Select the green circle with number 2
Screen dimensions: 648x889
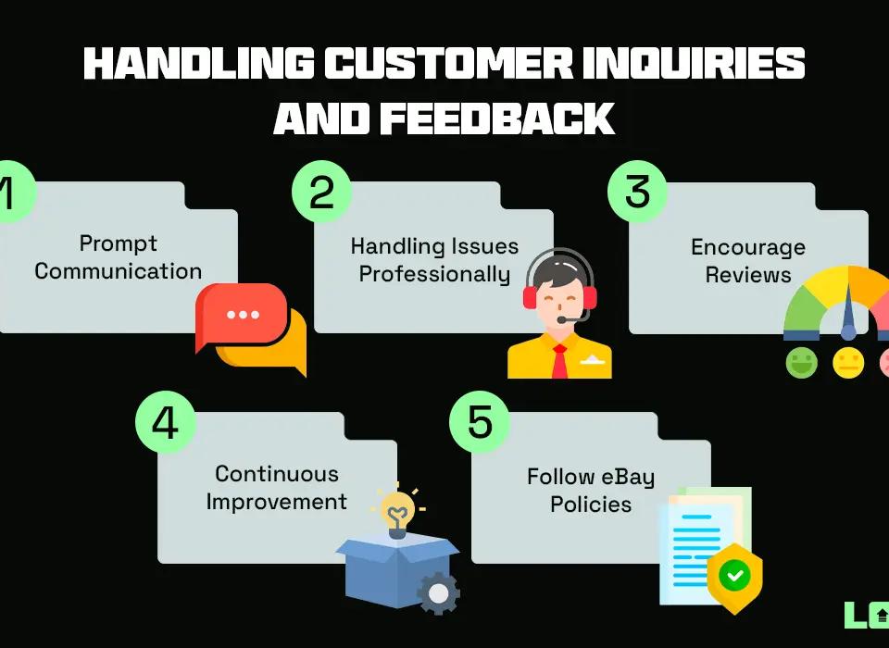321,192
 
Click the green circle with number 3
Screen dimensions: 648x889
637,192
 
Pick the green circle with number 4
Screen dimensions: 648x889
165,422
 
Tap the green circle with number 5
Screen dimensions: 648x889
480,422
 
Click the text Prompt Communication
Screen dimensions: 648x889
119,257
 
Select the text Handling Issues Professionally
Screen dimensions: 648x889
434,260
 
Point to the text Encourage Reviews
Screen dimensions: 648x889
748,261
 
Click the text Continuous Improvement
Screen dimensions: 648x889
276,488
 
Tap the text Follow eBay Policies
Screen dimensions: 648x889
591,491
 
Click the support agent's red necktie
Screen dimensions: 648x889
559,361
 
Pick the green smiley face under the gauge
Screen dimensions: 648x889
802,362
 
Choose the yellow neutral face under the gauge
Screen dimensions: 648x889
848,362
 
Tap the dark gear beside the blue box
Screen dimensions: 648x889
438,592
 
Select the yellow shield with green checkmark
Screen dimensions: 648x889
734,576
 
